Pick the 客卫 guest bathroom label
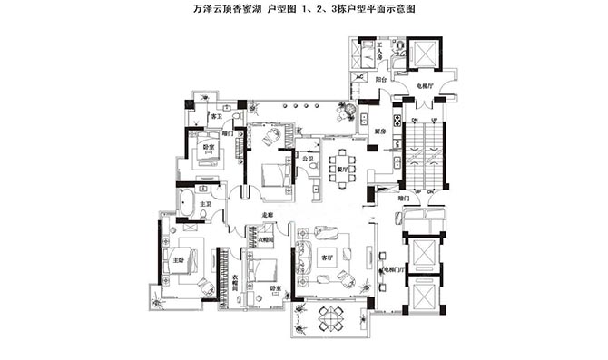click(x=216, y=117)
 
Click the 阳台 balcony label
click(x=384, y=80)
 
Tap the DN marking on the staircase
click(x=414, y=121)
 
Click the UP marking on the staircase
click(x=434, y=121)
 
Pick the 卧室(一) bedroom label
click(x=208, y=147)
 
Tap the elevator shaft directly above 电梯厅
click(x=423, y=54)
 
